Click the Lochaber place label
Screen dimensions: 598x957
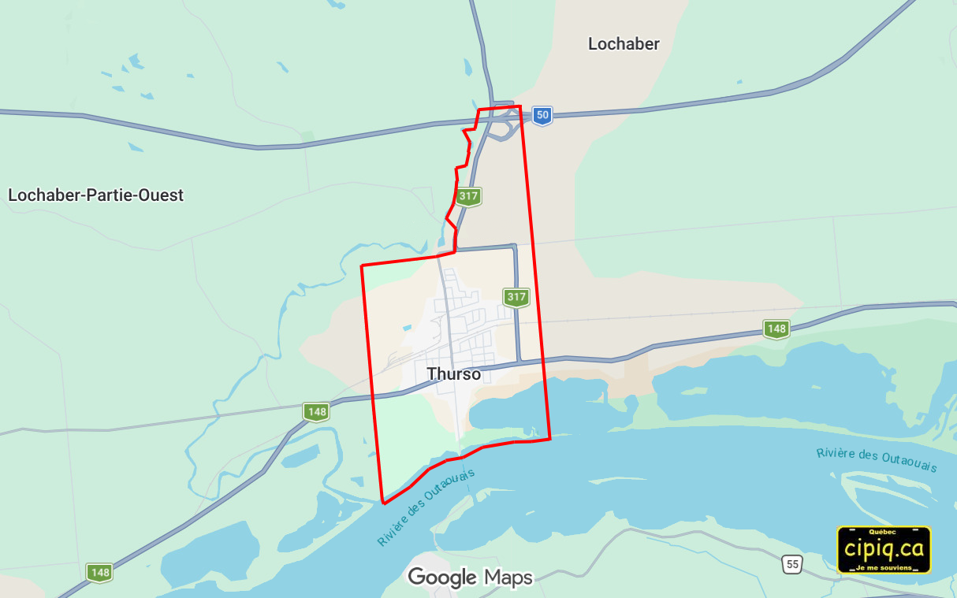coord(624,44)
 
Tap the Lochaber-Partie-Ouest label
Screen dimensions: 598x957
coord(95,195)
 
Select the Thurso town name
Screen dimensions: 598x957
coord(453,374)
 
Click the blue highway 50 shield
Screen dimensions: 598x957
coord(542,115)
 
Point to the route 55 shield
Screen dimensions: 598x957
coord(792,563)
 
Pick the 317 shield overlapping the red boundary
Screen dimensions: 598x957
coord(468,195)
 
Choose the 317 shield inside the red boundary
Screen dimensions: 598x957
coord(516,297)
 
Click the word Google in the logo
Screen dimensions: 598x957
coord(441,578)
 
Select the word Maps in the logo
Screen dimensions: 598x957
coord(508,578)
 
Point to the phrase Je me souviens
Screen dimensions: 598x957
coord(884,567)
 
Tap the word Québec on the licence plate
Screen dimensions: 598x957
coord(884,533)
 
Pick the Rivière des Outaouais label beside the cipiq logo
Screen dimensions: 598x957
coord(877,459)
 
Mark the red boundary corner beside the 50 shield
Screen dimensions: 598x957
coord(520,106)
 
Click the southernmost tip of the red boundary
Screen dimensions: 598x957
coord(383,502)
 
